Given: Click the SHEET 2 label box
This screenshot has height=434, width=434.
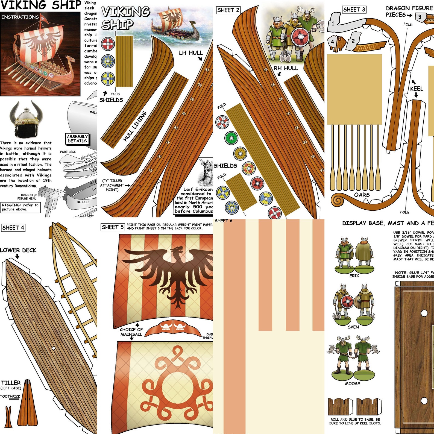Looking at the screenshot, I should pos(228,10).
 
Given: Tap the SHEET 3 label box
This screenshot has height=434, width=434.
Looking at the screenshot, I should pos(354,10).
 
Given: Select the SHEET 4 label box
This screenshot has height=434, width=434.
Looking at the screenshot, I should pos(13,228).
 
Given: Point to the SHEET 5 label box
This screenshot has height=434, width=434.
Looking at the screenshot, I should pos(113,227).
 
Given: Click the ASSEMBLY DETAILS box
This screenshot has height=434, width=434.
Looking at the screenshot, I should pos(77,139).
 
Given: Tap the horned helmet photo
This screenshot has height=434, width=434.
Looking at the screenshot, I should pos(26,119).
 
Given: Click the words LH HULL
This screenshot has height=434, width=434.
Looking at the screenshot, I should pos(191,53).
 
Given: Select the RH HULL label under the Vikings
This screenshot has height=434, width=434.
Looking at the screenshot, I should pos(286,68).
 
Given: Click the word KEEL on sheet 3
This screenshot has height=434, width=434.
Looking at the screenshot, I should pos(417,89).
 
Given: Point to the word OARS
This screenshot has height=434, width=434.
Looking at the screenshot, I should pos(362,195).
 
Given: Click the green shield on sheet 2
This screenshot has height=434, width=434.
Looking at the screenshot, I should pos(231,138).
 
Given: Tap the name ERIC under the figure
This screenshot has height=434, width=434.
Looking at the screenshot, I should pos(354,276).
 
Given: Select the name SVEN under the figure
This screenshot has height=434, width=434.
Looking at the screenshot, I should pos(353,327).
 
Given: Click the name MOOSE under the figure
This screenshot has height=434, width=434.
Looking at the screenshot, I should pos(352,384).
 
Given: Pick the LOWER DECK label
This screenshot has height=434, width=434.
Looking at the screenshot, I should pos(18,250).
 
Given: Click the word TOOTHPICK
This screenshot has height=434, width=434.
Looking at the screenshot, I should pos(10,396).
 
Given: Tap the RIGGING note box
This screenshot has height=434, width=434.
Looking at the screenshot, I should pos(20,207).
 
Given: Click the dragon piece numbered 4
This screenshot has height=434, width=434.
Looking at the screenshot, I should pos(337,42).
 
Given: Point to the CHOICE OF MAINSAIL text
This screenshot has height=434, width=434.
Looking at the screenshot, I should pos(131,332).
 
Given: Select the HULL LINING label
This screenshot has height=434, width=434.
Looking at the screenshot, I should pos(134,126).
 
